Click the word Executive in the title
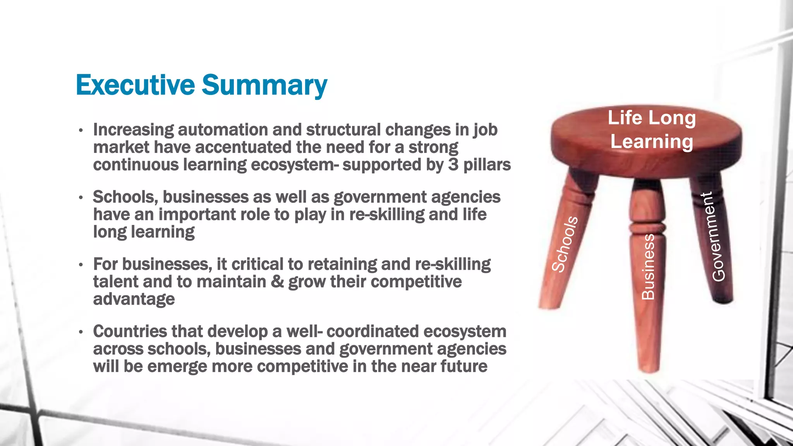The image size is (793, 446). pos(135,85)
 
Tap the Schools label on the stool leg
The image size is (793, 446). pos(565,244)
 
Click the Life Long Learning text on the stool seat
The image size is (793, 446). pos(652,129)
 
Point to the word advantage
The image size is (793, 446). pos(134,299)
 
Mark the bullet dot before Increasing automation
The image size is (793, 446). pos(81,130)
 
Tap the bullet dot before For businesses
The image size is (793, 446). pos(81,265)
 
